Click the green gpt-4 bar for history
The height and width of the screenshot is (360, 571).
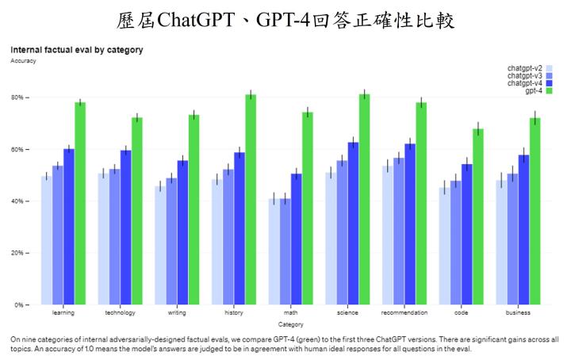coord(251,199)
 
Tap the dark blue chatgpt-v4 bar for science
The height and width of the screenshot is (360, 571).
coord(353,223)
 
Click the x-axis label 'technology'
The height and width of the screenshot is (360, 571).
coord(120,312)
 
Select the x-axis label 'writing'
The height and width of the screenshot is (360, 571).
coord(177,312)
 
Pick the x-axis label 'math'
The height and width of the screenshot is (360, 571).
coord(290,312)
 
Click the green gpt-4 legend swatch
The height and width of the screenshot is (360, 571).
coord(550,91)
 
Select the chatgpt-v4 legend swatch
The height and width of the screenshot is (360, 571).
coord(550,83)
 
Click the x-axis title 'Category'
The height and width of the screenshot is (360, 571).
coord(290,324)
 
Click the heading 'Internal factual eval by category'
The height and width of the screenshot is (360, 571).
coord(76,50)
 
